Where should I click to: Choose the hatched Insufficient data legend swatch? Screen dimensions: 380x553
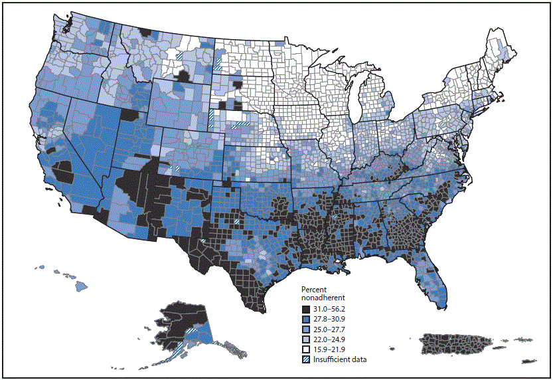[305, 359]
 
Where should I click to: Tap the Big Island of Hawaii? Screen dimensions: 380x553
[81, 286]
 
